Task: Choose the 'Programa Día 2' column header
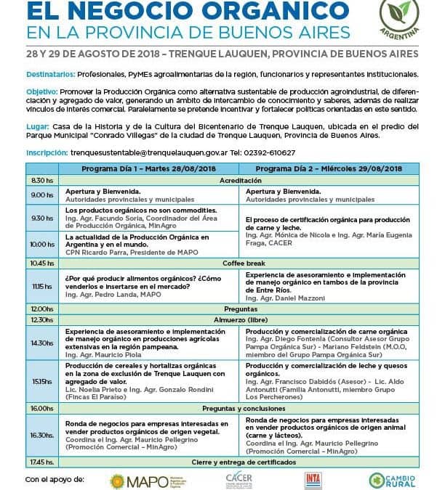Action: pyautogui.click(x=328, y=168)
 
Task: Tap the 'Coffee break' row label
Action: pyautogui.click(x=243, y=263)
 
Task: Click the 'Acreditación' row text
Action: pyautogui.click(x=243, y=179)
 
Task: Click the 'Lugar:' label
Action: pyautogui.click(x=38, y=126)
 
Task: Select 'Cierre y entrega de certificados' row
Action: pyautogui.click(x=243, y=462)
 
